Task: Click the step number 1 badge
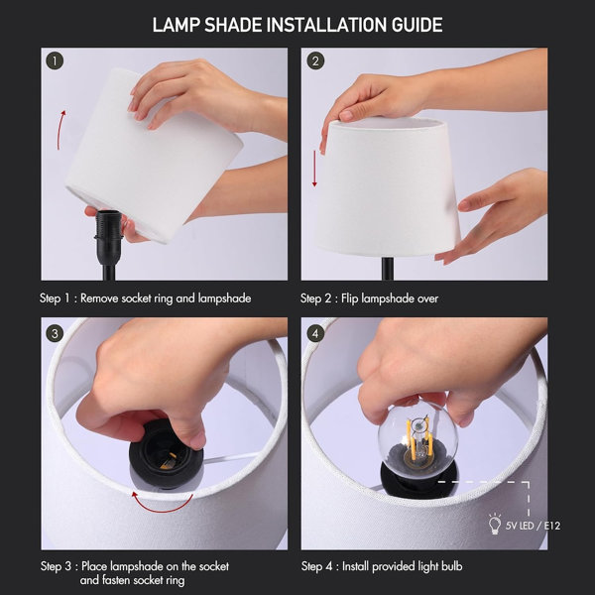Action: (x=55, y=60)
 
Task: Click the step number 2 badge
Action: (x=316, y=60)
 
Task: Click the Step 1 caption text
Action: (x=145, y=297)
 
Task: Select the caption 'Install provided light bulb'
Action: (x=405, y=566)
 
